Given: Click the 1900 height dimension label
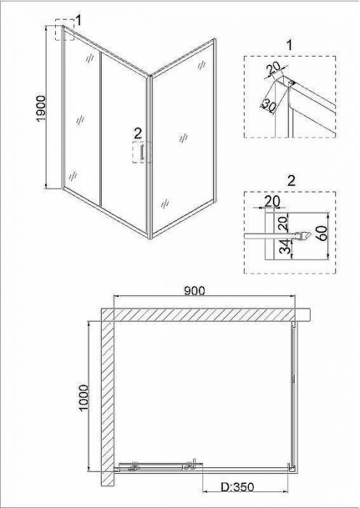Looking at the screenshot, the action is click(42, 109).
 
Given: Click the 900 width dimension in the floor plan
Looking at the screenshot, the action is click(195, 290).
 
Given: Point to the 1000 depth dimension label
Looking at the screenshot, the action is click(83, 398).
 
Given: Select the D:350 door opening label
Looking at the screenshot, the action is click(237, 487).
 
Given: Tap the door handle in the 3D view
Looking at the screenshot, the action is click(142, 153).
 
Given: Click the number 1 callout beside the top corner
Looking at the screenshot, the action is click(78, 20).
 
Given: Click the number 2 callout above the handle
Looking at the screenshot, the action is click(138, 133).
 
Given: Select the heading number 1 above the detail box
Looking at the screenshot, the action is click(290, 45).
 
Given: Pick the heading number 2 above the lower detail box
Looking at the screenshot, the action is click(291, 181).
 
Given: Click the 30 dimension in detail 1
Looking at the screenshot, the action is click(268, 105).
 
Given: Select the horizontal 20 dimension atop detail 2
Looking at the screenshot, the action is click(271, 202).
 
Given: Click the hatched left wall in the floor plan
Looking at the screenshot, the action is click(107, 397).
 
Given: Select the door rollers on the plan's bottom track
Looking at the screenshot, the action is click(162, 466).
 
